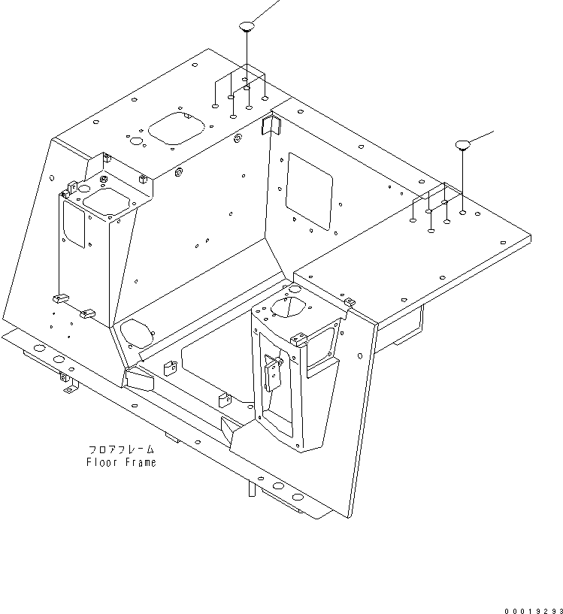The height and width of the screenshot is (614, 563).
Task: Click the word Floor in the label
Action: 101,462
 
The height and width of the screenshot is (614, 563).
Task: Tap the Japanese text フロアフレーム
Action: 121,449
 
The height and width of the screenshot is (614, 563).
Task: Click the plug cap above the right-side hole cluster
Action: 462,144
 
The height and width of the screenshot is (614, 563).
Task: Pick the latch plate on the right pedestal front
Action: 274,373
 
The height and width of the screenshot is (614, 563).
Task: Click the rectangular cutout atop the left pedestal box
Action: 104,200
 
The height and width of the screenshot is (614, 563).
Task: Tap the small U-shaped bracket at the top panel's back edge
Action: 269,125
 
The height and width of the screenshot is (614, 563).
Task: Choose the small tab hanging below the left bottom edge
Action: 70,386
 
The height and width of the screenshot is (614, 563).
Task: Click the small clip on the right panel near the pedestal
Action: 348,302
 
